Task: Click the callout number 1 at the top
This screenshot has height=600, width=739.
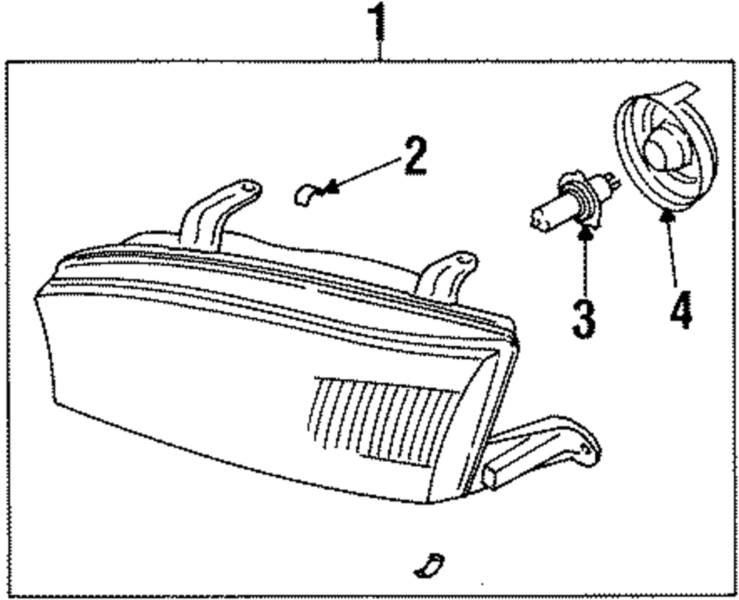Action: [x=378, y=24]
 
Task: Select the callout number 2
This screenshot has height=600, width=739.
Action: [x=414, y=157]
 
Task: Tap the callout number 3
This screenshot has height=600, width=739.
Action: [x=583, y=316]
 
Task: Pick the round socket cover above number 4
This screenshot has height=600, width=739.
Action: [x=665, y=151]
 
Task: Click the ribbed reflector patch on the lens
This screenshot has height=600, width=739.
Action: [x=384, y=421]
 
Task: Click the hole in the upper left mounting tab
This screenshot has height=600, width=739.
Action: [x=247, y=188]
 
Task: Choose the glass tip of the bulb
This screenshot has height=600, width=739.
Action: [x=541, y=219]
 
